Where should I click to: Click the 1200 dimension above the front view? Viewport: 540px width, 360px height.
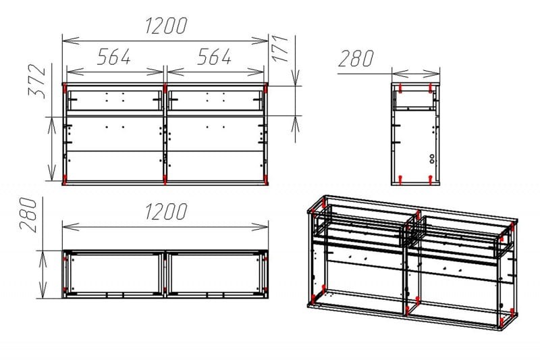click(x=166, y=26)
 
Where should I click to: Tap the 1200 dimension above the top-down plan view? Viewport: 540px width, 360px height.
click(x=166, y=211)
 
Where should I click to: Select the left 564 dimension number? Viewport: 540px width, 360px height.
click(x=114, y=57)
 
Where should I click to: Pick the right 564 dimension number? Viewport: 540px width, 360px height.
click(x=214, y=57)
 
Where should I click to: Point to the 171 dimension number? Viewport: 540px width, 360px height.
click(x=280, y=48)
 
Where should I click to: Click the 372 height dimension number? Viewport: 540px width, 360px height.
click(x=37, y=81)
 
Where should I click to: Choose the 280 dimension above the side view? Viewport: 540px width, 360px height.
click(x=356, y=59)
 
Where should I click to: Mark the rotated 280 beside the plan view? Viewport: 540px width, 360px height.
click(x=28, y=214)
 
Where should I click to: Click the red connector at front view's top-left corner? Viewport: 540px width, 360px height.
click(x=65, y=88)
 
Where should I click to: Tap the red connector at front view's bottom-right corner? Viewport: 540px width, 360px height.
click(x=265, y=180)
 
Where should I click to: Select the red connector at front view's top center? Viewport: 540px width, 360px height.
click(x=165, y=88)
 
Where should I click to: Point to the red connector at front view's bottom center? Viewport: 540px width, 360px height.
click(x=165, y=180)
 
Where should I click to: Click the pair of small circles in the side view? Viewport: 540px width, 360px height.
click(x=432, y=159)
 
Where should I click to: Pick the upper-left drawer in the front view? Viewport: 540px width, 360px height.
click(x=114, y=101)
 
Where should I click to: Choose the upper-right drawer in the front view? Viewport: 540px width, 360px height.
click(x=215, y=101)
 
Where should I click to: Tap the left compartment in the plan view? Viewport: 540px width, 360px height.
click(x=114, y=274)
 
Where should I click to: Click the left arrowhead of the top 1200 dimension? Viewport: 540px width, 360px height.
click(x=71, y=41)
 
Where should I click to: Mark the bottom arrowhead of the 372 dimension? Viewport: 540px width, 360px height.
click(x=52, y=172)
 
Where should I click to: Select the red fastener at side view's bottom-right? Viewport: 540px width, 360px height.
click(x=430, y=179)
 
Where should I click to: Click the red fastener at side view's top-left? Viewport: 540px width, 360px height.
click(x=400, y=88)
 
